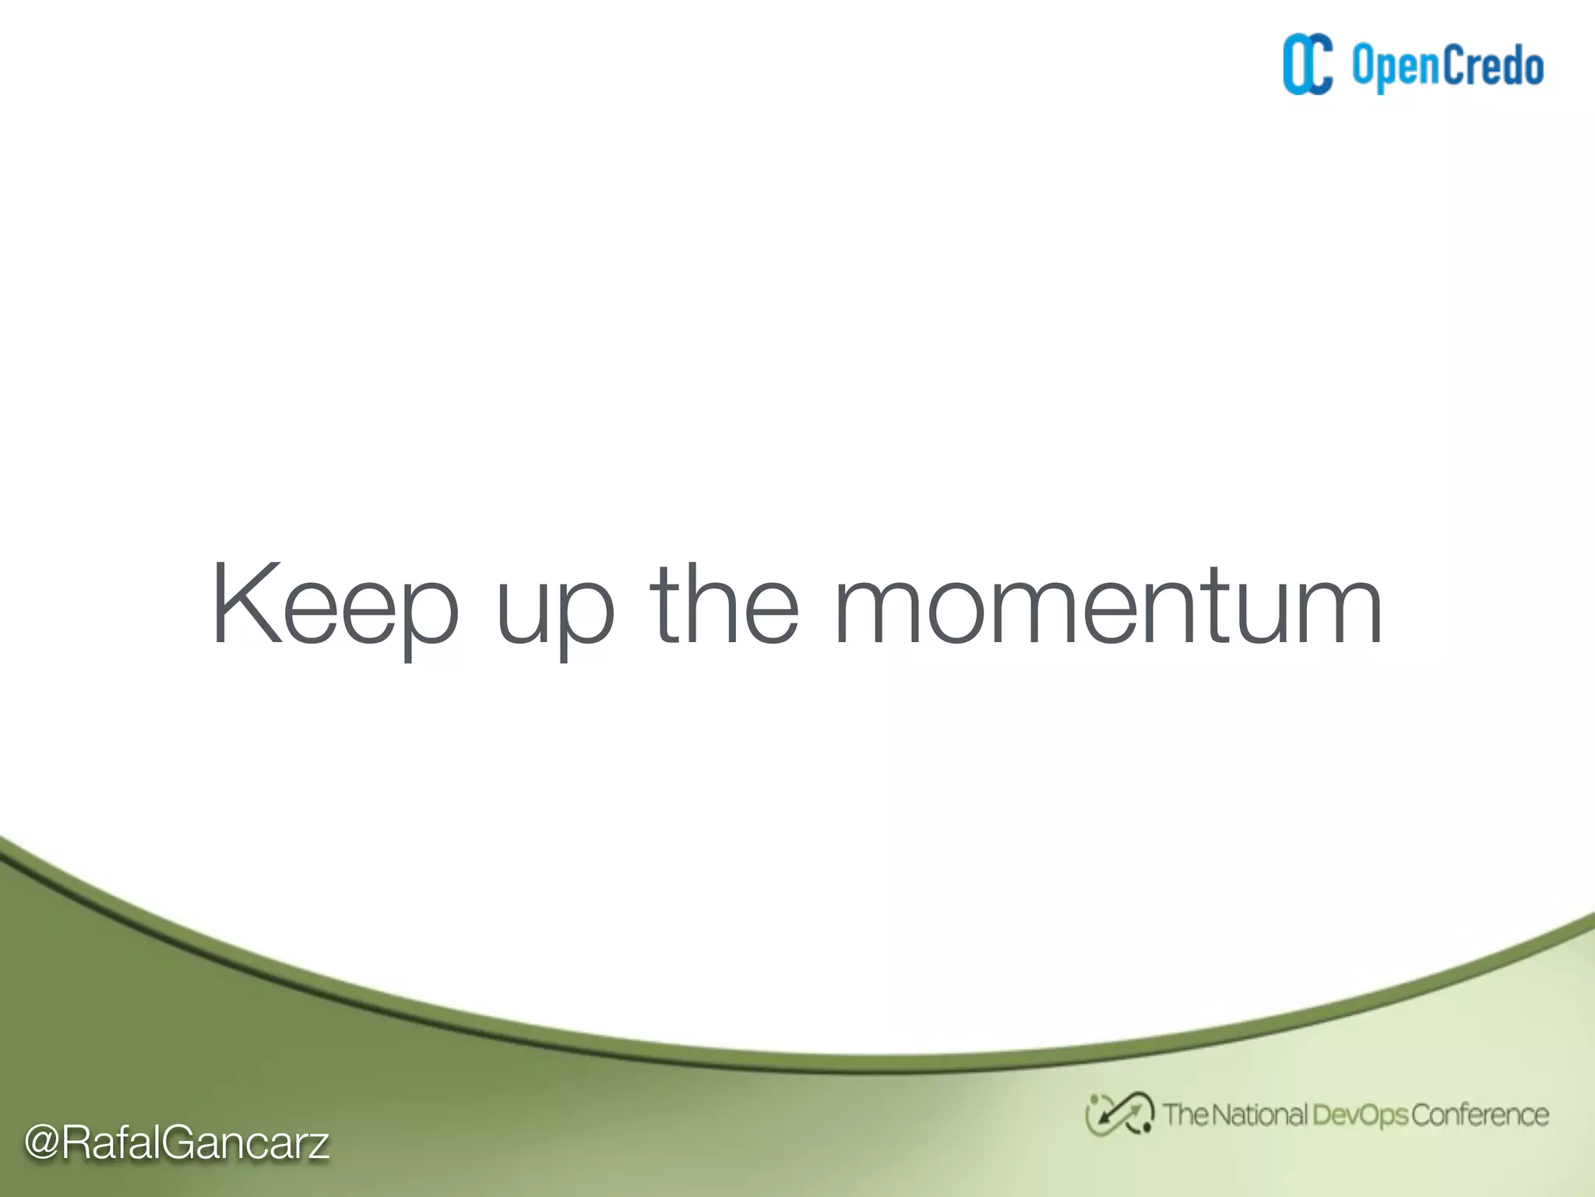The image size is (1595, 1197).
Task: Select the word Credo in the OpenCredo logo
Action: pyautogui.click(x=1492, y=65)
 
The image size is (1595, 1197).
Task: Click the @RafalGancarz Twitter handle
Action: pyautogui.click(x=177, y=1143)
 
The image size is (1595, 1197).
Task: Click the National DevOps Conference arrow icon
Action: pyautogui.click(x=1120, y=1114)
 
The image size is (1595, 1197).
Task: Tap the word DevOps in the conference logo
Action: pyautogui.click(x=1360, y=1115)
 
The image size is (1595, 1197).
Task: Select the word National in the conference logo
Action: pyautogui.click(x=1259, y=1114)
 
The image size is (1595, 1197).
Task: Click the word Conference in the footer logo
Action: pyautogui.click(x=1480, y=1115)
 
